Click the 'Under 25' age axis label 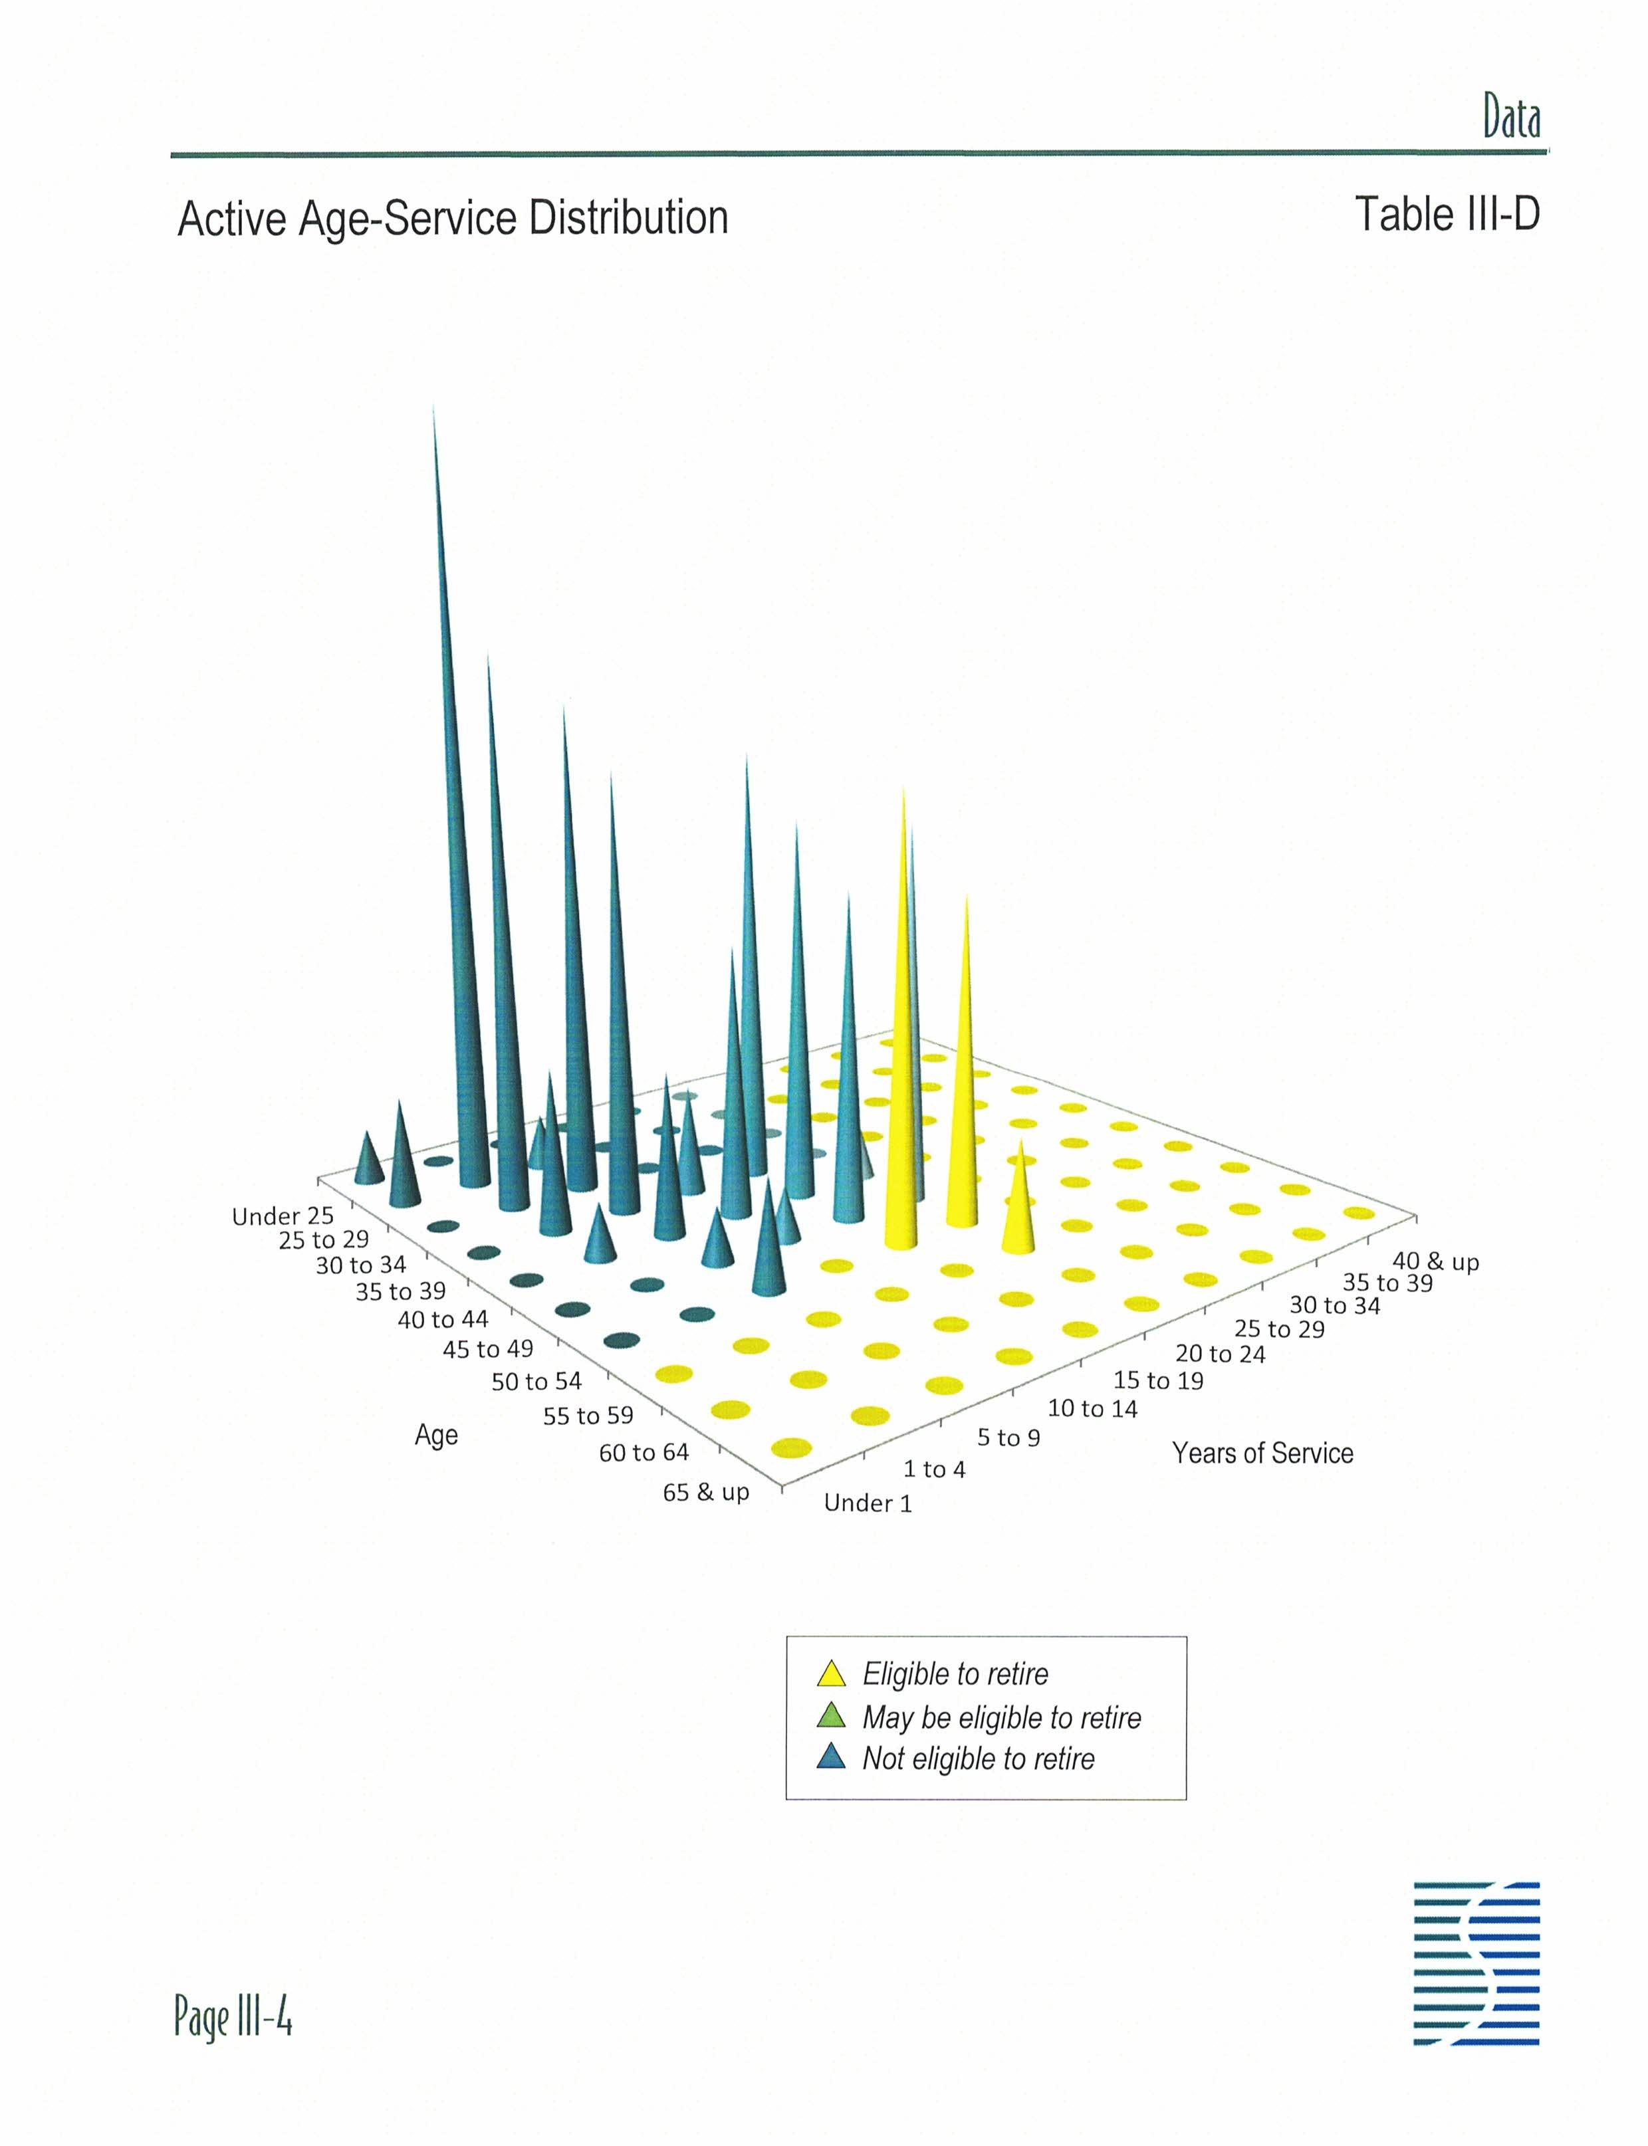(x=283, y=1216)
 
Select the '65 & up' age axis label (x=706, y=1492)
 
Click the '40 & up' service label (x=1436, y=1261)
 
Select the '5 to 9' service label (x=1008, y=1438)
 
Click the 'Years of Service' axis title (x=1262, y=1453)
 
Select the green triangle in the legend (x=831, y=1715)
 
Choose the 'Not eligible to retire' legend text (x=978, y=1759)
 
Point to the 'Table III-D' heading (x=1447, y=214)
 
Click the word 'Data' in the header (x=1510, y=118)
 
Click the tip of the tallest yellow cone (x=903, y=788)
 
